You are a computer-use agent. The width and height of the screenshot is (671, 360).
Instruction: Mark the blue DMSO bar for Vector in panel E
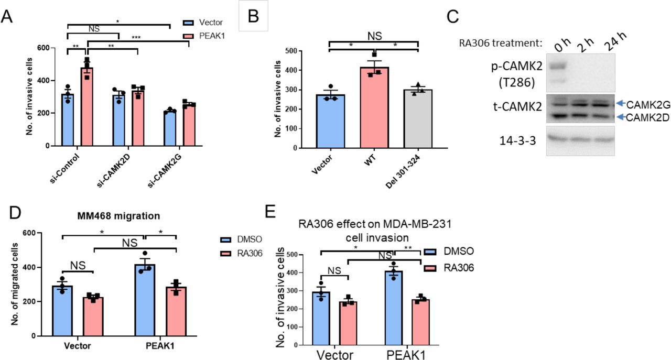click(321, 320)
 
